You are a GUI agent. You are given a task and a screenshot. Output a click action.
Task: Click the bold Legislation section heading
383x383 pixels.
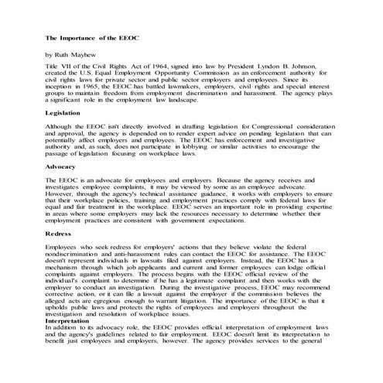(x=63, y=113)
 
